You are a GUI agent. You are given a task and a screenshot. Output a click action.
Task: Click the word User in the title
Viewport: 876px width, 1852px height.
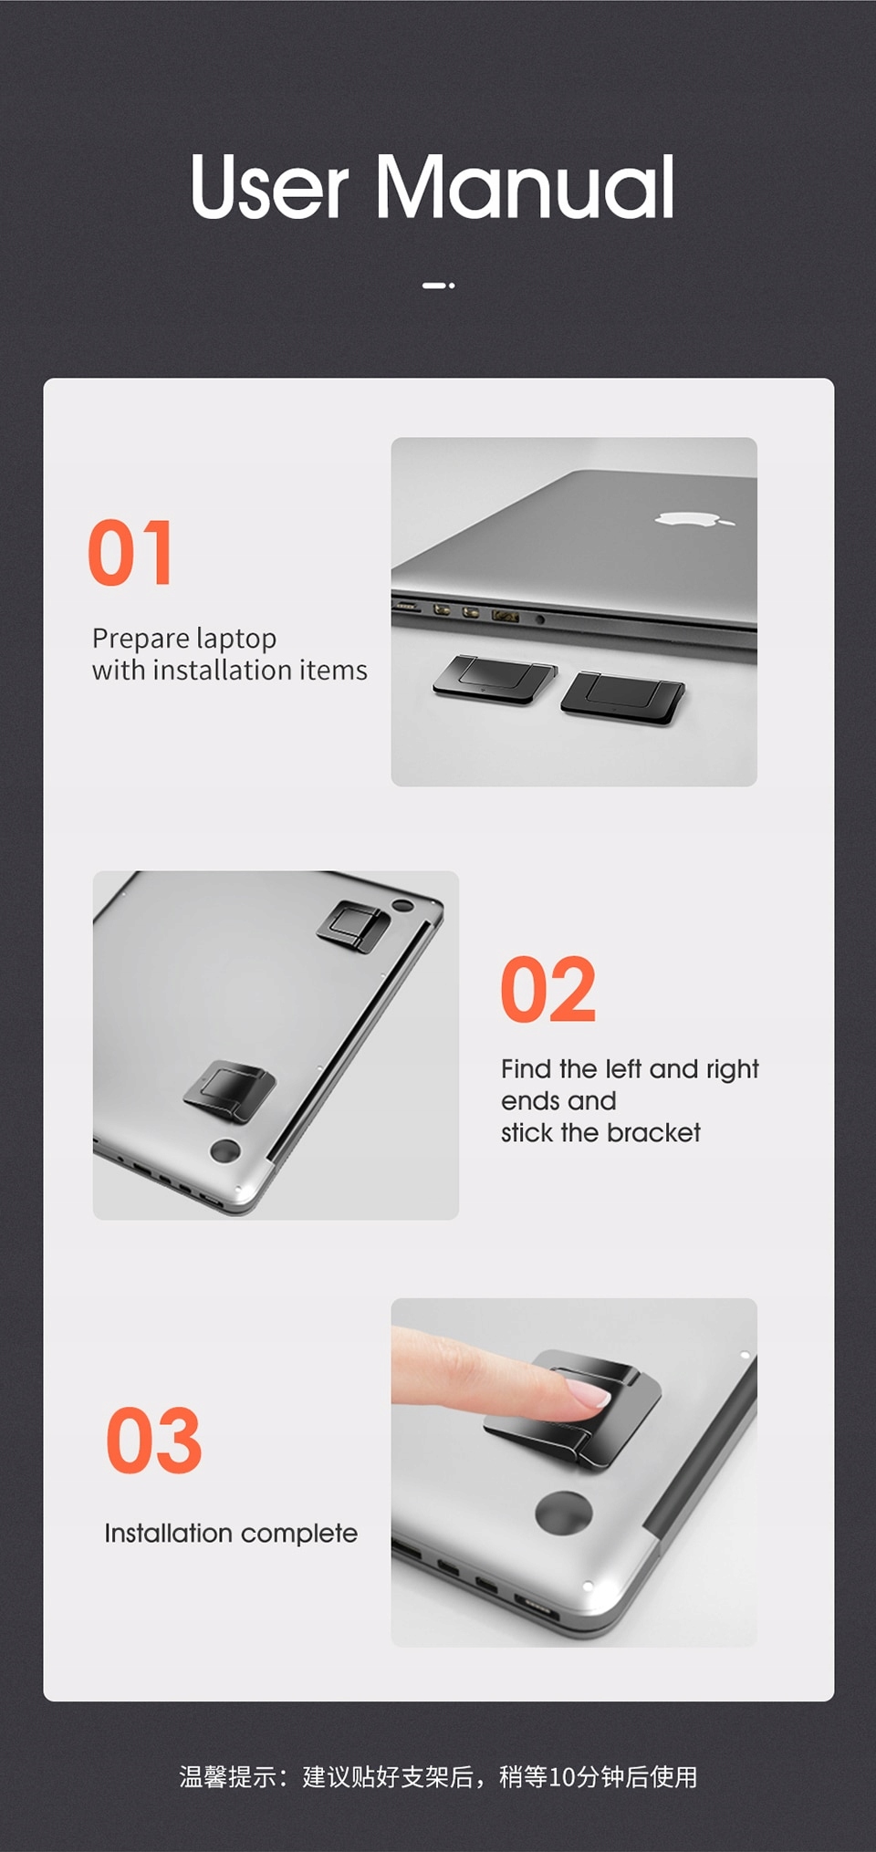click(x=269, y=187)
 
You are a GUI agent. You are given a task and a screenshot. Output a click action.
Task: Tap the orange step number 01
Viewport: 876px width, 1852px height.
click(x=130, y=553)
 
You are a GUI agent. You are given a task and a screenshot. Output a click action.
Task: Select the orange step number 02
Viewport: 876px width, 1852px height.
click(x=548, y=990)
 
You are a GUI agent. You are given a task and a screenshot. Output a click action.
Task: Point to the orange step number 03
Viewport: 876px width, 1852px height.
click(x=153, y=1441)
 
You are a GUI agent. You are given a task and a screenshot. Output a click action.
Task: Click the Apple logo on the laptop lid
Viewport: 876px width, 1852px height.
click(x=693, y=519)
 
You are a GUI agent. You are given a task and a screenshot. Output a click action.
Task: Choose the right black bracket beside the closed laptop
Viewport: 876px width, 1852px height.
click(x=623, y=698)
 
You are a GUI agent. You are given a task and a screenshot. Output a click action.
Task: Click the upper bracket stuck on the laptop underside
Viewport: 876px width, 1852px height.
click(x=353, y=926)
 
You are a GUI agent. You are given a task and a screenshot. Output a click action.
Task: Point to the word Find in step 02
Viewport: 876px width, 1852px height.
click(x=527, y=1068)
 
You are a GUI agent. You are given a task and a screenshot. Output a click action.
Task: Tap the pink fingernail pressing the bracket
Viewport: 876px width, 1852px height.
click(x=586, y=1394)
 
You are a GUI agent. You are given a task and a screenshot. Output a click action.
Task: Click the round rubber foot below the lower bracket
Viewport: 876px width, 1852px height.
click(x=225, y=1150)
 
